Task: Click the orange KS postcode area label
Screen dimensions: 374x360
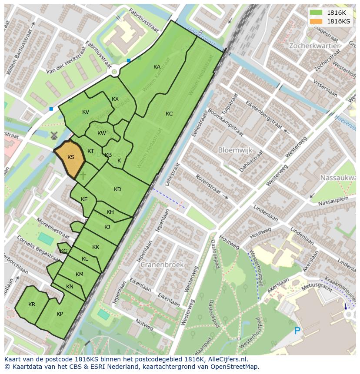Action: (x=71, y=157)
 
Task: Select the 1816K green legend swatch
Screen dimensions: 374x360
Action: (x=316, y=13)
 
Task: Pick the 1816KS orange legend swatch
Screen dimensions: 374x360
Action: (x=316, y=21)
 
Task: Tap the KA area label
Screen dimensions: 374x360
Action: (x=157, y=67)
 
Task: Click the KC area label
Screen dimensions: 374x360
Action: (x=169, y=114)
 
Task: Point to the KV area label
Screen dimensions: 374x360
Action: (x=86, y=112)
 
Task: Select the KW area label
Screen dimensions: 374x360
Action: (x=101, y=133)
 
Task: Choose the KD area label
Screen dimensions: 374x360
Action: (x=117, y=189)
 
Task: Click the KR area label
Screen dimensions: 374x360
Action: (x=32, y=304)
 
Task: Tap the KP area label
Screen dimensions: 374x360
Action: (x=60, y=314)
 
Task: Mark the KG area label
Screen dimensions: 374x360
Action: (x=64, y=251)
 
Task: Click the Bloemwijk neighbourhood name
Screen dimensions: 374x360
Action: (x=235, y=150)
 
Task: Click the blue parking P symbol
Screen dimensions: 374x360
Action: (x=297, y=331)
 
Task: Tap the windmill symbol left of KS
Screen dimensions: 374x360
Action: (x=54, y=136)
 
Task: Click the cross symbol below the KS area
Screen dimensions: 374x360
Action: (x=83, y=176)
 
